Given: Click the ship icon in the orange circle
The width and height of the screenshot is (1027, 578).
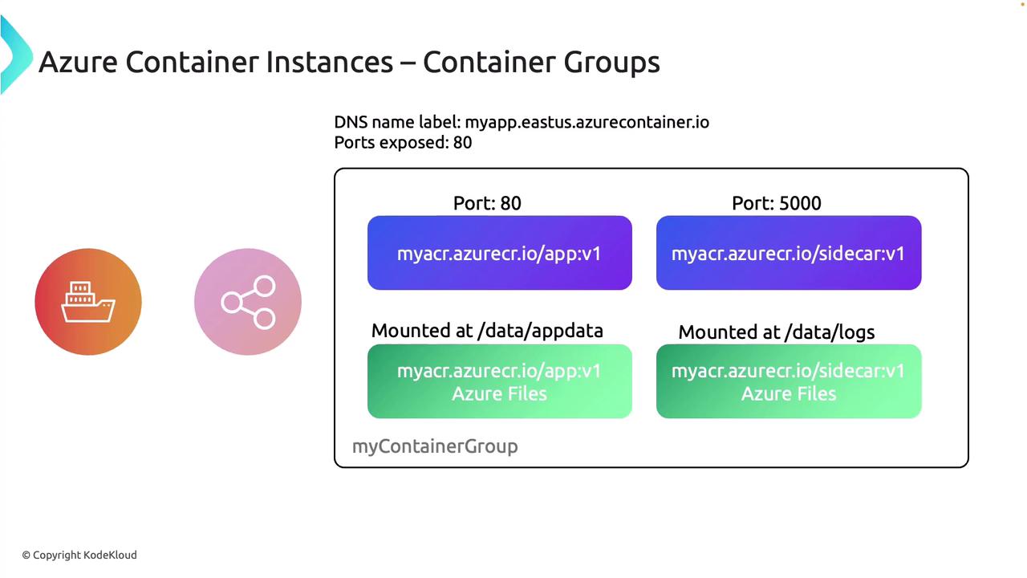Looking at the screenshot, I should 88,302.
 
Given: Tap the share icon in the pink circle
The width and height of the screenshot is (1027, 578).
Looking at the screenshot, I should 248,302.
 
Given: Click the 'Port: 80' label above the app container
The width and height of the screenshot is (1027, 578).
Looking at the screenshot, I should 487,203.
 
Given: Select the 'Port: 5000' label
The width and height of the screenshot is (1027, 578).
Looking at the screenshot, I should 776,203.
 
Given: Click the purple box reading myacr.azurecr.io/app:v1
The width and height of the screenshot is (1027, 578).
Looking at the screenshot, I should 499,253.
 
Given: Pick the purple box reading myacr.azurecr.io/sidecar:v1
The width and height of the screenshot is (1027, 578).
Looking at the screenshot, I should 788,253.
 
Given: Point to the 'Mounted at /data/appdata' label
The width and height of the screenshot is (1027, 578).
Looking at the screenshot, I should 487,331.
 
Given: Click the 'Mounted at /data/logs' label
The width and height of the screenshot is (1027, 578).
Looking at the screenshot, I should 776,332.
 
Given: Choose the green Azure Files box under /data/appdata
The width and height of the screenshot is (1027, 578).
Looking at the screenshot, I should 499,381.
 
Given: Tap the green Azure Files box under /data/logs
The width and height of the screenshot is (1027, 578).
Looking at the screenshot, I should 788,381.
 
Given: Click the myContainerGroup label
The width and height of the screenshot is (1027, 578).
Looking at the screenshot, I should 435,446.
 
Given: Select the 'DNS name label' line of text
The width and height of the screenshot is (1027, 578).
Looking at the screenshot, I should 522,122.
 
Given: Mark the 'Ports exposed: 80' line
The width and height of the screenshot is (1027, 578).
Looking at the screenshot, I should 403,143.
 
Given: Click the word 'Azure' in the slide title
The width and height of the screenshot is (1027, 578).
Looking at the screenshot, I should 77,62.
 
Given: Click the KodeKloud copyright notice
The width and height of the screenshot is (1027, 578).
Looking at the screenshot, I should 79,555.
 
